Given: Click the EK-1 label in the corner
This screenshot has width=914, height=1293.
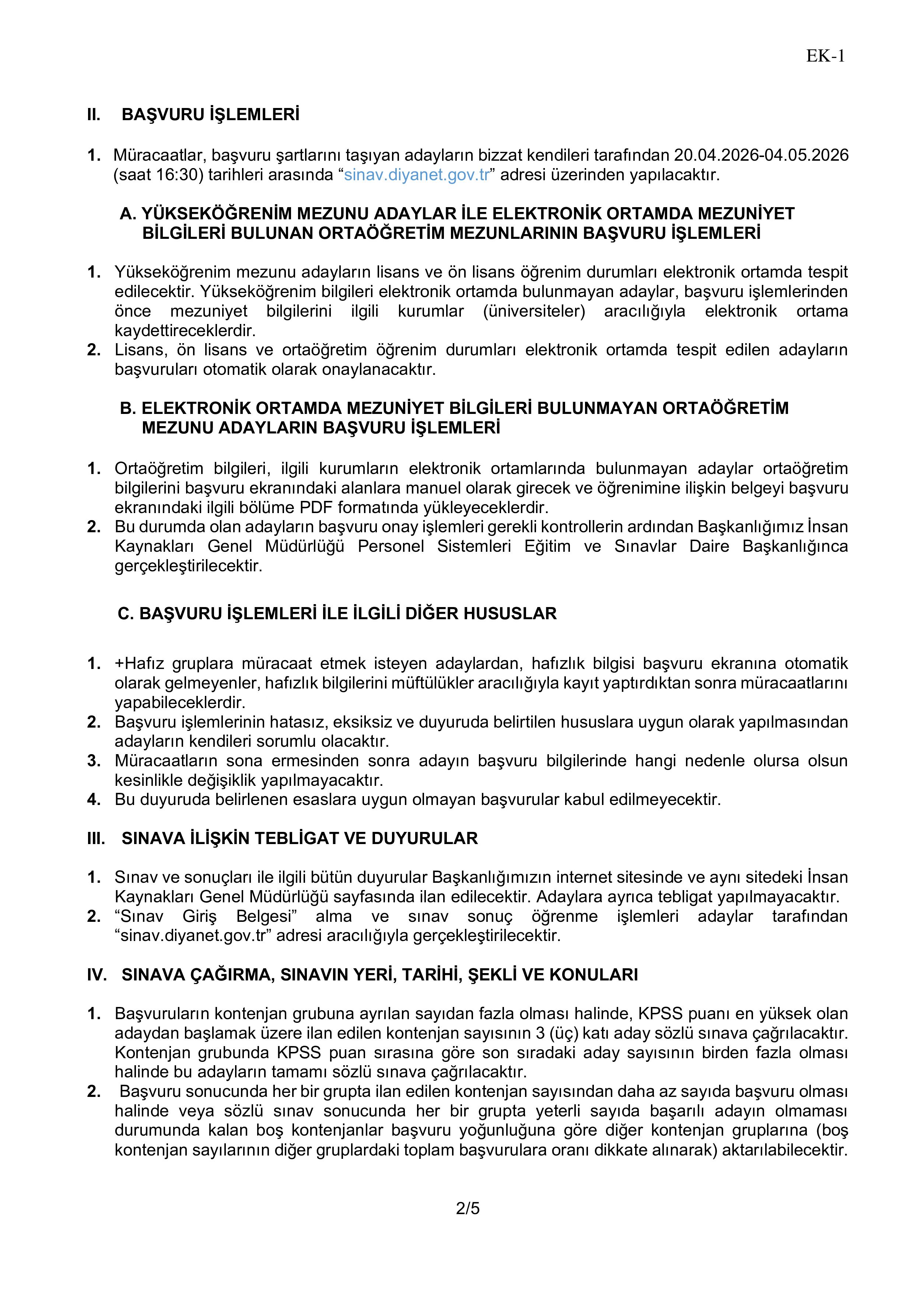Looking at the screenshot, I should point(825,56).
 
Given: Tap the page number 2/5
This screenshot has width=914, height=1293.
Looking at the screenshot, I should point(468,1209).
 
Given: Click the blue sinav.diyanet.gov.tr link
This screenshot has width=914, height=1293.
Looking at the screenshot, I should point(417,175).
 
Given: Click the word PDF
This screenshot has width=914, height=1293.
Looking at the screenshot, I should point(316,508).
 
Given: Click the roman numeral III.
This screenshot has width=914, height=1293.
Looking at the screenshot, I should point(96,839).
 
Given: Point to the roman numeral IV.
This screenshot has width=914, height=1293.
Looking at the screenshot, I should point(97,975).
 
